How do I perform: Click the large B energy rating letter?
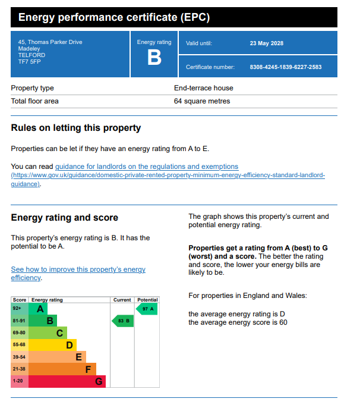pyautogui.click(x=154, y=58)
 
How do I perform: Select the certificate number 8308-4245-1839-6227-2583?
pyautogui.click(x=286, y=67)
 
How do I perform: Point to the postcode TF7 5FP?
pyautogui.click(x=29, y=62)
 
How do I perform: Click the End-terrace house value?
pyautogui.click(x=203, y=88)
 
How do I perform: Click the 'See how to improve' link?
pyautogui.click(x=78, y=269)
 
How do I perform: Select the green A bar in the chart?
pyautogui.click(x=39, y=309)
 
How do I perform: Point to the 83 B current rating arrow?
pyautogui.click(x=122, y=321)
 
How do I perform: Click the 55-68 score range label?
pyautogui.click(x=19, y=345)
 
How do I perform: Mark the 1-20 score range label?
pyautogui.click(x=19, y=381)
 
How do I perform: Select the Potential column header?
pyautogui.click(x=147, y=300)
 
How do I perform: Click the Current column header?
pyautogui.click(x=122, y=300)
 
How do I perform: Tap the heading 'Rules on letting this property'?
pyautogui.click(x=76, y=128)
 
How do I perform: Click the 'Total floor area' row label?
pyautogui.click(x=35, y=101)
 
